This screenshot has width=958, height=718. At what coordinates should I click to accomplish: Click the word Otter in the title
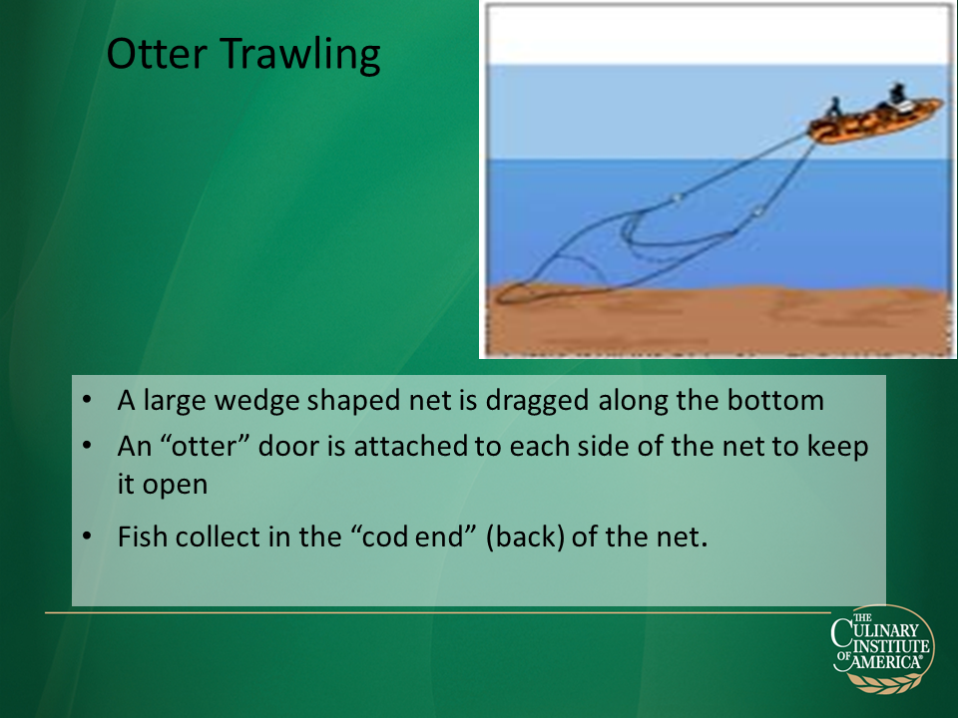tap(157, 54)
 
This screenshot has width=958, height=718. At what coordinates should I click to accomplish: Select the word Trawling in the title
tap(300, 56)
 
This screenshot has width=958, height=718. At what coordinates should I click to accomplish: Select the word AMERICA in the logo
tap(886, 662)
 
